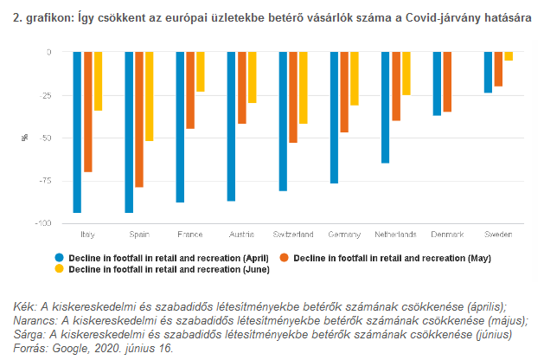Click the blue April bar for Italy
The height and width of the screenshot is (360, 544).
pyautogui.click(x=77, y=132)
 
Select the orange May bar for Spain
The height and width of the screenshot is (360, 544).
pyautogui.click(x=139, y=119)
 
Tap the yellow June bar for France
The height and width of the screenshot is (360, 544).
pyautogui.click(x=201, y=72)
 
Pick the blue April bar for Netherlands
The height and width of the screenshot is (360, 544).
pyautogui.click(x=386, y=107)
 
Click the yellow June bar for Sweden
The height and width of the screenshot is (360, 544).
pyautogui.click(x=509, y=56)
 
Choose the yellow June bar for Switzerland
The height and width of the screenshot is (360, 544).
pyautogui.click(x=303, y=87)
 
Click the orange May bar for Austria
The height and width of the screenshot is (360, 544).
pyautogui.click(x=241, y=88)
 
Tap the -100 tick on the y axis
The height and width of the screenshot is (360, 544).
pyautogui.click(x=42, y=224)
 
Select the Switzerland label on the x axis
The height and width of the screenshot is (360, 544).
pyautogui.click(x=293, y=235)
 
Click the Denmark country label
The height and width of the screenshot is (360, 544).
pyautogui.click(x=447, y=235)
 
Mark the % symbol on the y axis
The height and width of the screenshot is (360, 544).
pyautogui.click(x=25, y=138)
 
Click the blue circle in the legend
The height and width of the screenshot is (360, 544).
pyautogui.click(x=60, y=258)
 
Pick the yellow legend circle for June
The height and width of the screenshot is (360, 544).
pyautogui.click(x=60, y=269)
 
